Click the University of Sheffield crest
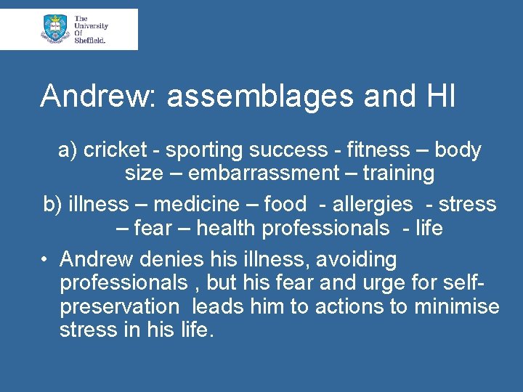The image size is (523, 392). pyautogui.click(x=55, y=28)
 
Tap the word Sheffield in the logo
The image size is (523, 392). pyautogui.click(x=91, y=41)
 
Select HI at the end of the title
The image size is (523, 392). pyautogui.click(x=439, y=97)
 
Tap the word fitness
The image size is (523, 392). pyautogui.click(x=378, y=150)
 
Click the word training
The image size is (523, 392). pyautogui.click(x=399, y=173)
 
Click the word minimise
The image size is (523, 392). pyautogui.click(x=456, y=306)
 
